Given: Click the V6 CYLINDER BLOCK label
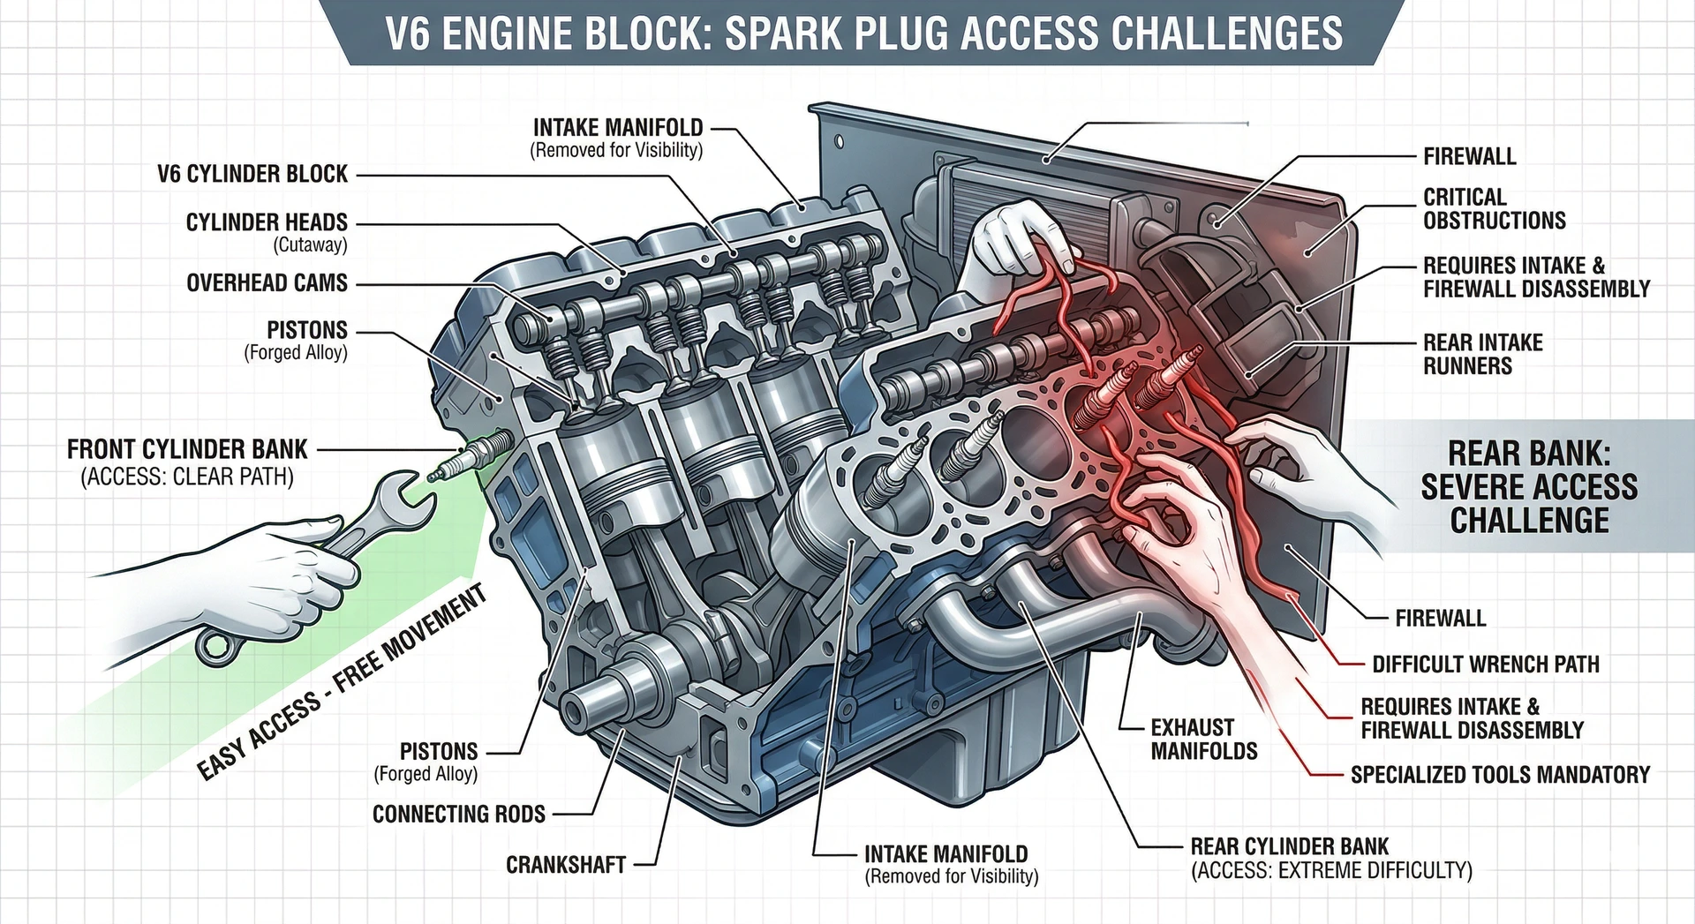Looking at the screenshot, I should [252, 174].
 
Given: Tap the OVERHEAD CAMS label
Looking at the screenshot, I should [267, 283].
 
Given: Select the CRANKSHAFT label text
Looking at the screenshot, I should [565, 865].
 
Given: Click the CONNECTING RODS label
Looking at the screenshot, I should [458, 814].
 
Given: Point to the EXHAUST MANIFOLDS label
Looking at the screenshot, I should [1203, 740].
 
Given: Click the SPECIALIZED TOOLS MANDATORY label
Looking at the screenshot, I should [1499, 775].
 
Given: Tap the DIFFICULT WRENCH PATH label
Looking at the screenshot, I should [1485, 664].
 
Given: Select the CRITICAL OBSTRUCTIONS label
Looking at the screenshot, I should [1494, 209].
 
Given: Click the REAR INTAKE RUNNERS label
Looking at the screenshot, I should [1482, 354].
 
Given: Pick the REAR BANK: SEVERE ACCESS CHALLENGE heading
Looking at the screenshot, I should [1528, 487].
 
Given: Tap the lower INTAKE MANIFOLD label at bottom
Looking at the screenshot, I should [945, 854].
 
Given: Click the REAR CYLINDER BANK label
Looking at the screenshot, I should [1289, 846].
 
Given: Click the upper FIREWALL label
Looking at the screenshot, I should [1469, 157].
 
